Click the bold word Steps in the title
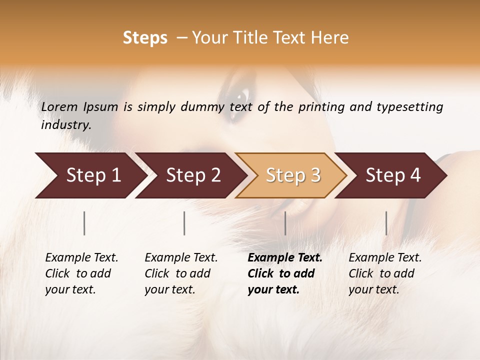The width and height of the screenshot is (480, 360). click(x=145, y=38)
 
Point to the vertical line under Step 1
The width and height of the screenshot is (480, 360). click(x=84, y=223)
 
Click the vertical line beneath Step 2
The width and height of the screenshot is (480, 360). click(x=184, y=223)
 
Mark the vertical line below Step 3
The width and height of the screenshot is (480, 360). click(x=285, y=223)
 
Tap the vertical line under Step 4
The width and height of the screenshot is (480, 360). click(x=386, y=223)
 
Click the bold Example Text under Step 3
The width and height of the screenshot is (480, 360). click(x=285, y=258)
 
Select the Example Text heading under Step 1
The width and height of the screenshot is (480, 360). click(x=81, y=258)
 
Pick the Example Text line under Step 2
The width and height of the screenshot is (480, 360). click(x=181, y=258)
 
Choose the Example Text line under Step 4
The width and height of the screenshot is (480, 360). click(x=385, y=258)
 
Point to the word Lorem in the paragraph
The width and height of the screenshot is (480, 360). click(x=59, y=107)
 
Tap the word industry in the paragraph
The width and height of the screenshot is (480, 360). click(x=66, y=125)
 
